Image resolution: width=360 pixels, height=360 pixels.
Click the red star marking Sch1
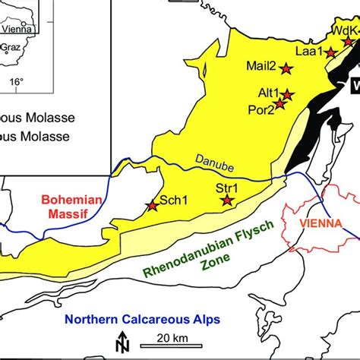tap(152, 206)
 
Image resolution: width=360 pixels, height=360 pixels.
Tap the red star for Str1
tap(226, 201)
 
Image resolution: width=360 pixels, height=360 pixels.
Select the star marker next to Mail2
tap(286, 68)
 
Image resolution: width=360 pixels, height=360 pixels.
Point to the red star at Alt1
tap(288, 95)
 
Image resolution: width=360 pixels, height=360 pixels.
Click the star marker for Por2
tap(279, 104)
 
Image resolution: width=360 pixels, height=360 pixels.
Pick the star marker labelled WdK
tap(349, 41)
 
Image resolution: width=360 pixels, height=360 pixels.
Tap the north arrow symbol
tap(120, 343)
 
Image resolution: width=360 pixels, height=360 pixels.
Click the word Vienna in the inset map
tap(16, 30)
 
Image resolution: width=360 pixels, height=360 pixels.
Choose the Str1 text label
tap(227, 188)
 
